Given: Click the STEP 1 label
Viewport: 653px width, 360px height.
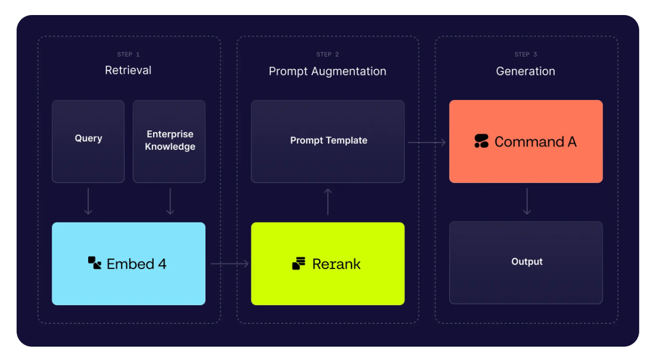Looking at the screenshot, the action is (128, 54).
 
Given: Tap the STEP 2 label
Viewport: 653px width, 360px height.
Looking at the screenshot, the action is (327, 54).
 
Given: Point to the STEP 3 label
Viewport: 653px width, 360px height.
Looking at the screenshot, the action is (526, 54).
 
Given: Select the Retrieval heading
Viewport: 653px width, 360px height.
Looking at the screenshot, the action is (128, 71).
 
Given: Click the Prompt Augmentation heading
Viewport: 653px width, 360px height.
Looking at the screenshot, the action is (327, 71).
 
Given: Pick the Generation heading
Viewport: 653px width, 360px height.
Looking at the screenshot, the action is (526, 71).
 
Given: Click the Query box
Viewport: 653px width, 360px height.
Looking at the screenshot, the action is (88, 141).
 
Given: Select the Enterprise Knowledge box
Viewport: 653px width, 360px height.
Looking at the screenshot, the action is (169, 141).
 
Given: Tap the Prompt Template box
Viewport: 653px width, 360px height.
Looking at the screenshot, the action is (327, 141).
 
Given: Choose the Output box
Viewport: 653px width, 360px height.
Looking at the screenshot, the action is (526, 263).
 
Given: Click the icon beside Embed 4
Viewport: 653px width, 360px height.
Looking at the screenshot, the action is (95, 263).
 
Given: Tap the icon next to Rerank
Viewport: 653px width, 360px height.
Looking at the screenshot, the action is (299, 263).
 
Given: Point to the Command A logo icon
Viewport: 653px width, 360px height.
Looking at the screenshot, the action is (482, 141).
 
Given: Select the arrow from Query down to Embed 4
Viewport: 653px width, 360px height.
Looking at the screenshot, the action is (88, 201).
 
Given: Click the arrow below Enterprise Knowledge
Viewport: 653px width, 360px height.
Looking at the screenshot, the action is (170, 201).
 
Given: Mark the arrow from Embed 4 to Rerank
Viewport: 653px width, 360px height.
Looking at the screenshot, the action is (229, 263).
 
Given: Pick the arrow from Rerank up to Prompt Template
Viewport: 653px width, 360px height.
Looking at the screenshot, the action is (328, 202).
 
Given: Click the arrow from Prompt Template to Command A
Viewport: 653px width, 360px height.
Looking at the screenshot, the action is (427, 142).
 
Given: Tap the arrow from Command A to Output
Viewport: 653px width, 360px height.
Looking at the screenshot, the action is (527, 201).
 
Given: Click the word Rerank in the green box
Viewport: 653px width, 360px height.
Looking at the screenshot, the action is (337, 264).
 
